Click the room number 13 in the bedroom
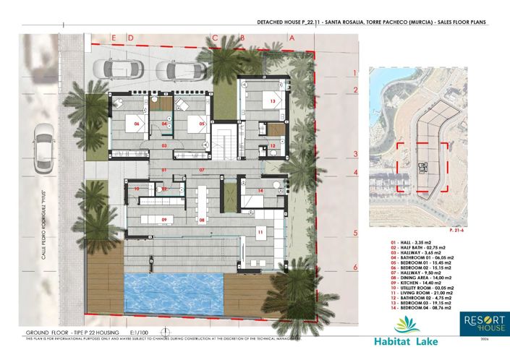coord(273,102)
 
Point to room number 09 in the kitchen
coord(164,220)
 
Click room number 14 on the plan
coord(260,191)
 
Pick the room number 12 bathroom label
coord(273,146)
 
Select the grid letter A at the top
coord(291,36)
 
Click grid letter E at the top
coord(112,36)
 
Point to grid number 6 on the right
coord(355,267)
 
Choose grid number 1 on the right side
coord(355,72)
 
